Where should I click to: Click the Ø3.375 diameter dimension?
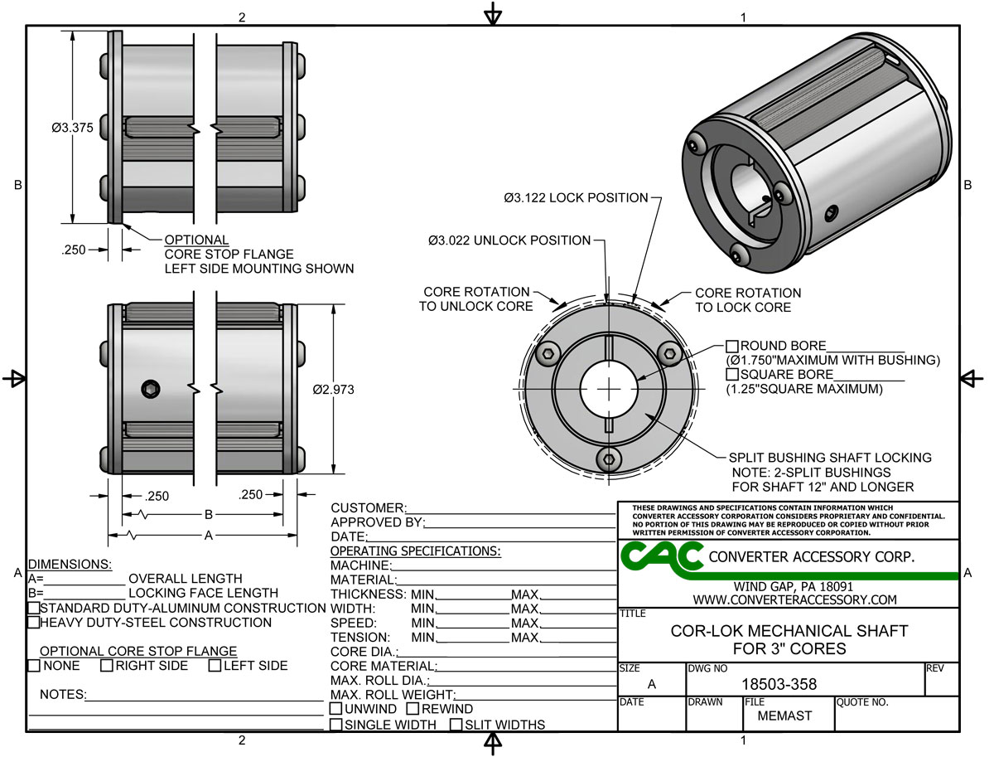coord(70,129)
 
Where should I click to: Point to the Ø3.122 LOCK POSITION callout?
coord(576,198)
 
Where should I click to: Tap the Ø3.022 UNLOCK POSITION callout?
coord(509,240)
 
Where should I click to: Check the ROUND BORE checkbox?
coord(732,346)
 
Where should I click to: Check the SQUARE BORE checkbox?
coord(732,375)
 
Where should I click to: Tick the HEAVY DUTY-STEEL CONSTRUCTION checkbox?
coord(34,623)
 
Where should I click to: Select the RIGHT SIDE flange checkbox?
coord(107,666)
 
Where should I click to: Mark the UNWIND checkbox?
coord(336,710)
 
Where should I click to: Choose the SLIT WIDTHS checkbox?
coord(456,725)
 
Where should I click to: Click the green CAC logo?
coord(661,556)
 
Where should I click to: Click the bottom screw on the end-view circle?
coord(610,459)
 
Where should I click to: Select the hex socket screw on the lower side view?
coord(150,390)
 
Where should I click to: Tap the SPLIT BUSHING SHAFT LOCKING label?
coord(830,458)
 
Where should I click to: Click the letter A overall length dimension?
coord(209,536)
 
